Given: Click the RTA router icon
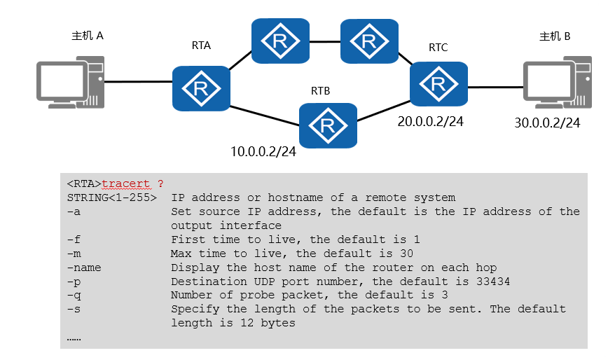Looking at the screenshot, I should [201, 88].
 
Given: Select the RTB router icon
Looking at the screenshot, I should [327, 125].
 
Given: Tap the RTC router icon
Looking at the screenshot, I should [438, 84].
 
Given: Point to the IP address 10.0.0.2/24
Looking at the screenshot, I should [263, 151].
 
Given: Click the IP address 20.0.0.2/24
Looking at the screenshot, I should [430, 121].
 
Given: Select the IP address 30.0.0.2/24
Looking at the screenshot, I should [547, 123].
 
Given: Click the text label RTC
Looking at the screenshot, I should [438, 48].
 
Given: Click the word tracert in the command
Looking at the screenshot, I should [125, 184].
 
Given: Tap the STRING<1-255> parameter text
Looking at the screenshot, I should [111, 198].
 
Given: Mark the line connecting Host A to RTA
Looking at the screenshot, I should [137, 82].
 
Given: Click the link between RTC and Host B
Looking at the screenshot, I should [495, 88].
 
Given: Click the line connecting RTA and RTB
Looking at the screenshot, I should [264, 116].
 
